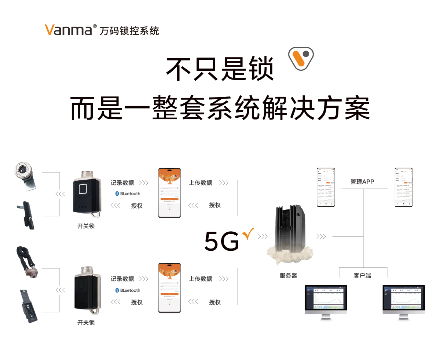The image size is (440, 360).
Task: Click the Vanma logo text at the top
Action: click(x=68, y=30)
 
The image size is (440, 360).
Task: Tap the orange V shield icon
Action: click(x=301, y=58)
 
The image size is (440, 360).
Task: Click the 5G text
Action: click(x=222, y=241)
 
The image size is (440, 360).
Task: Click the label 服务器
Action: click(x=288, y=275)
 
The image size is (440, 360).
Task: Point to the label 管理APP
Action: click(x=362, y=181)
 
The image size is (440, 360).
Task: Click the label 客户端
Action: click(x=362, y=275)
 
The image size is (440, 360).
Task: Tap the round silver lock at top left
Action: click(x=24, y=173)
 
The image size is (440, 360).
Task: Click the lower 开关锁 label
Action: click(x=86, y=322)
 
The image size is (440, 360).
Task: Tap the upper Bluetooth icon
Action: click(x=117, y=194)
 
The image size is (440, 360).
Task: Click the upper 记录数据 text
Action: click(x=122, y=183)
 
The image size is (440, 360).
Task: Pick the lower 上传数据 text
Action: click(x=201, y=279)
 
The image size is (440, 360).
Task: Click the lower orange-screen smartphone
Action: click(x=169, y=288)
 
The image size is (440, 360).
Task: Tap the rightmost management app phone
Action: click(x=403, y=187)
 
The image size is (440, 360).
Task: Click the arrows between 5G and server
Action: click(x=263, y=236)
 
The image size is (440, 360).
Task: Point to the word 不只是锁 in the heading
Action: click(x=220, y=69)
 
